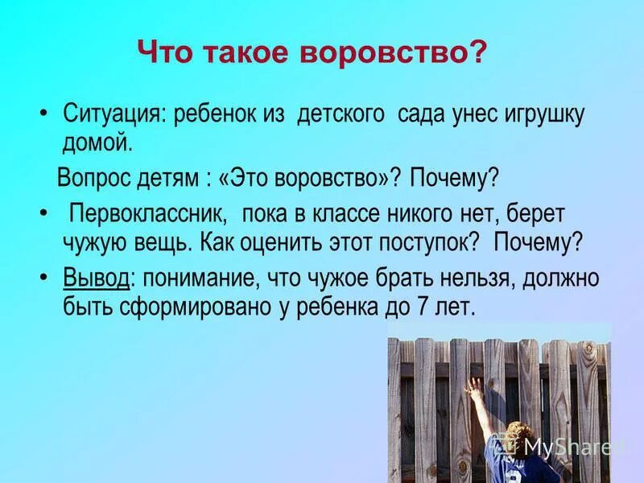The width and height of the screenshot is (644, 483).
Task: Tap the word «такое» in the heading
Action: (x=250, y=53)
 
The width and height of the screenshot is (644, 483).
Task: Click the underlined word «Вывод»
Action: (x=96, y=279)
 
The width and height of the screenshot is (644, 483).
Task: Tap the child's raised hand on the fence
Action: (x=476, y=386)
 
